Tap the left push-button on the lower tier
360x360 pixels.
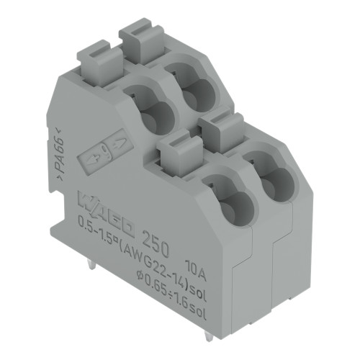pos(173,152)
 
